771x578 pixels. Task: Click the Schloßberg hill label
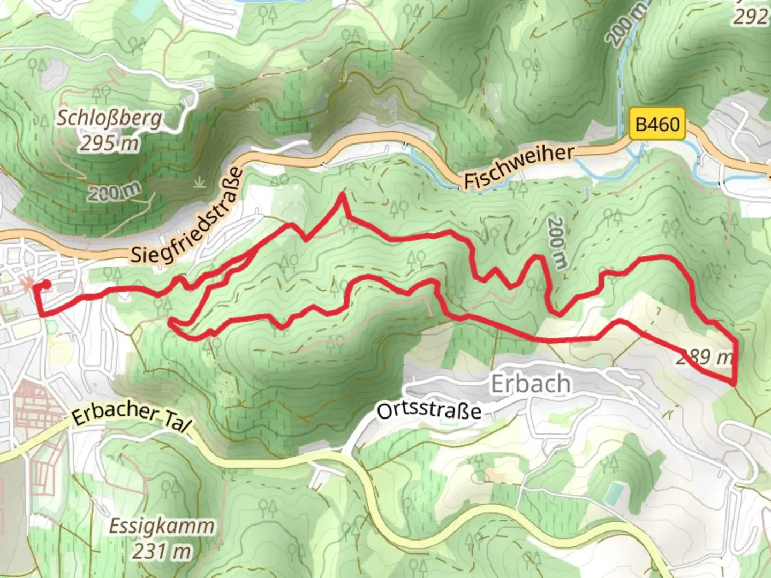(109, 117)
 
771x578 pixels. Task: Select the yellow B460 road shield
(657, 125)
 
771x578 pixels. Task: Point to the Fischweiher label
(518, 168)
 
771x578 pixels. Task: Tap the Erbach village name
(530, 384)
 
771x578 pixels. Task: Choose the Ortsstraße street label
(429, 411)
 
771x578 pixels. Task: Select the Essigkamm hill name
(161, 526)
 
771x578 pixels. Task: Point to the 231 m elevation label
(161, 551)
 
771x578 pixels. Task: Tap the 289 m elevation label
(704, 357)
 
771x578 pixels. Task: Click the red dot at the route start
(47, 284)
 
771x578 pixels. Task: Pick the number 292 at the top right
(751, 17)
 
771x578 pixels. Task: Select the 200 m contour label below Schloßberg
(115, 192)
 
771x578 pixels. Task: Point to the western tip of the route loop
(170, 322)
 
